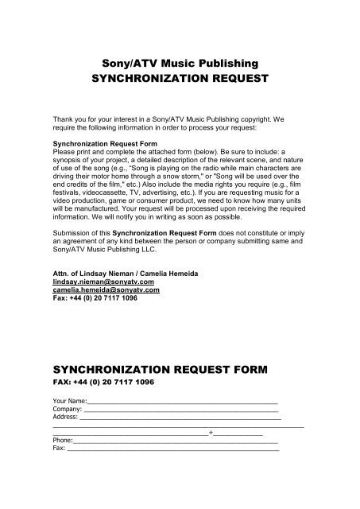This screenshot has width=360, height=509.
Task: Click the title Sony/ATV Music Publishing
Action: (x=179, y=61)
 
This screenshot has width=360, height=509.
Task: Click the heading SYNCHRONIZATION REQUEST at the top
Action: (x=179, y=80)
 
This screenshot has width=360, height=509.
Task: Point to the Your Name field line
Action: (x=182, y=401)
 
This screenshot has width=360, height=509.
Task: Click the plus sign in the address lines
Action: (x=210, y=433)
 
